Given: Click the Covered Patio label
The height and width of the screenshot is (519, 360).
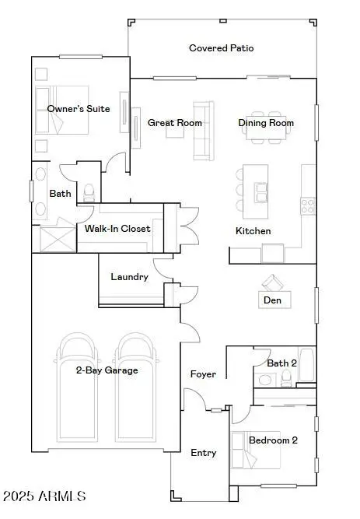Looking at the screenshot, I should click(222, 48).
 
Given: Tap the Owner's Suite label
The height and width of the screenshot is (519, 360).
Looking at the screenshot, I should click(79, 109).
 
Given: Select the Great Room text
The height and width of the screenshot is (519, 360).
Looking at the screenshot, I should click(175, 123).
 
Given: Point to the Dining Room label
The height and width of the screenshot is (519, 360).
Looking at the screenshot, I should click(266, 123).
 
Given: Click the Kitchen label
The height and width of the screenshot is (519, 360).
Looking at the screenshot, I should click(253, 231).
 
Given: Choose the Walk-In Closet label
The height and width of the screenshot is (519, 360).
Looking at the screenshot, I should click(117, 229).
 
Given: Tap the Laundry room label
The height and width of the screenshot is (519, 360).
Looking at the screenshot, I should click(129, 277).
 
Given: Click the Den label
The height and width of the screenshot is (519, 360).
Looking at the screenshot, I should click(272, 300).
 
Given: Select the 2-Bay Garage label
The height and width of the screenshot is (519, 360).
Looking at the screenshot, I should click(107, 370).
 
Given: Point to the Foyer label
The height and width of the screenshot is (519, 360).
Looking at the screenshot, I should click(204, 375).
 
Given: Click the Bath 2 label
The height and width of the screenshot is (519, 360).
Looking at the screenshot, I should click(281, 363).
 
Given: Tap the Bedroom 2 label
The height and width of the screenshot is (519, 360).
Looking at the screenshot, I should click(273, 440).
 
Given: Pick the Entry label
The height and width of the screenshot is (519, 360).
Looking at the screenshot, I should click(204, 453).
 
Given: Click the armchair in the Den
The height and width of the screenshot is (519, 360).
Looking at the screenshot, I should click(272, 282).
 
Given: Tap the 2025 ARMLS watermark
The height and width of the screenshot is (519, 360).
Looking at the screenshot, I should click(44, 496).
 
